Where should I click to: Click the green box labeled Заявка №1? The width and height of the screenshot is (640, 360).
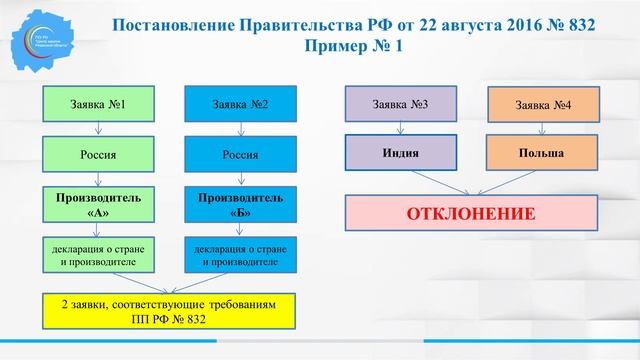(x=98, y=103)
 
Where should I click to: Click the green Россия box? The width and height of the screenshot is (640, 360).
(x=98, y=155)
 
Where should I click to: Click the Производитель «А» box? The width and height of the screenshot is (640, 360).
(x=98, y=205)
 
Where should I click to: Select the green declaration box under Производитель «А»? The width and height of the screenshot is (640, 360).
(x=98, y=256)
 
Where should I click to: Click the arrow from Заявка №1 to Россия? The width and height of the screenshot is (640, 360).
(x=98, y=129)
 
